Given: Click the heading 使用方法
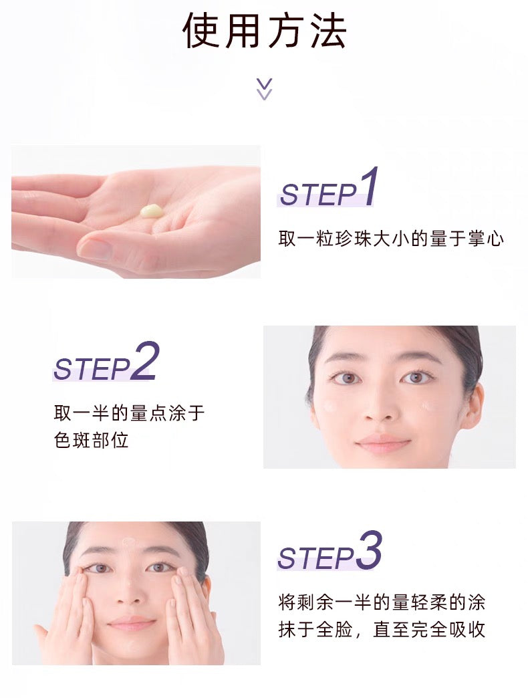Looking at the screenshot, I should coord(264,31).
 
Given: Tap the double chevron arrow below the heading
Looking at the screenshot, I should coord(265,89).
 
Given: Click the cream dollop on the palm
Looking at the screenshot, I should coord(151,211).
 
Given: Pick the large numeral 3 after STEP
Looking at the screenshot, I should coord(368,552).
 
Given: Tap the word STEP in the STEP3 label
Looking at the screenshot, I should coord(316,558).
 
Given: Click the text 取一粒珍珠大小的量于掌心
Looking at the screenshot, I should coord(391,239).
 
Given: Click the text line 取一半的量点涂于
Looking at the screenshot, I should coord(129,413).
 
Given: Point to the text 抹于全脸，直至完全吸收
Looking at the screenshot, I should coord(381,630).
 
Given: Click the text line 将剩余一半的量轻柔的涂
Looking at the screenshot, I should coord(381,602).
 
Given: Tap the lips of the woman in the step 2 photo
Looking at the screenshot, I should coord(383,442).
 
